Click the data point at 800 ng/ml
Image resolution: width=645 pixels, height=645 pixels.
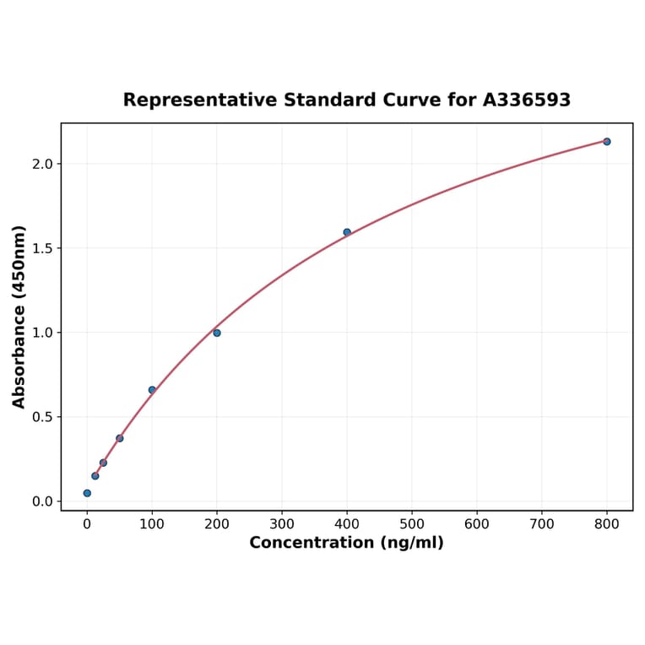tap(606, 142)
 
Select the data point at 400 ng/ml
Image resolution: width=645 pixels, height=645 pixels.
tap(347, 232)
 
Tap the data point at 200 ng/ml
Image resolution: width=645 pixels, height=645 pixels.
tap(217, 333)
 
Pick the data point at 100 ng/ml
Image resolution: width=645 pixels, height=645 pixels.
tap(152, 390)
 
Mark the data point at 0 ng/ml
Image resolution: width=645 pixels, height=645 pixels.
tap(87, 493)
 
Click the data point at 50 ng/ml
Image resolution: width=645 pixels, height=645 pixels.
tap(120, 438)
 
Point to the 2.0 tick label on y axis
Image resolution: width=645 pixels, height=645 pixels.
tap(41, 164)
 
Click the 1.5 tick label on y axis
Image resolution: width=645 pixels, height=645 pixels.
tap(41, 248)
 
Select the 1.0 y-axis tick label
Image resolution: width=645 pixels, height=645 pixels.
tap(41, 333)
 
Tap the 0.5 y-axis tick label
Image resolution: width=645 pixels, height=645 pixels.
tap(41, 417)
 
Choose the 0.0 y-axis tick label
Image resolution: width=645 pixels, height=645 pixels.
tap(41, 501)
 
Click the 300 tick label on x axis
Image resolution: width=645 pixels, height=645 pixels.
tap(282, 524)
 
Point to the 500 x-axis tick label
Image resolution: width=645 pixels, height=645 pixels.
tap(412, 524)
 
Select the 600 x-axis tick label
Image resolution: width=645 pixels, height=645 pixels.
tap(477, 524)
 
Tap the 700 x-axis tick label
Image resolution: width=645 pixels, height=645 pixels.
tap(542, 524)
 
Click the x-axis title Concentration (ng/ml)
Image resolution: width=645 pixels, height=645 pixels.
tap(346, 543)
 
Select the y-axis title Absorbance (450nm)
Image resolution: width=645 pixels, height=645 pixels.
tap(19, 317)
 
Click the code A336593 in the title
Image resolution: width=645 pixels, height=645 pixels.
tap(527, 100)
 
